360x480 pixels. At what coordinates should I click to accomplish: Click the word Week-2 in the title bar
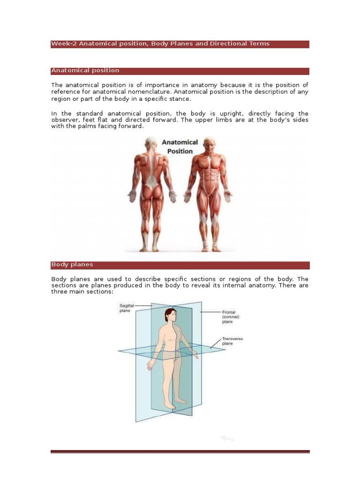pos(64,44)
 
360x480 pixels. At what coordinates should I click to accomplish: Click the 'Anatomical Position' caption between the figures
pos(180,146)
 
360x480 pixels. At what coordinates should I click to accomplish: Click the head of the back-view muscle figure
pos(151,143)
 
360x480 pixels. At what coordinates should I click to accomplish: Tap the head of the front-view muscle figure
pos(209,143)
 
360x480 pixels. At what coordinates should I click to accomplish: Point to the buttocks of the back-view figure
pos(150,192)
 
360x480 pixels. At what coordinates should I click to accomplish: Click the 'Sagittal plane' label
pos(127,308)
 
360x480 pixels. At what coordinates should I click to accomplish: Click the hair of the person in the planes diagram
pos(168,313)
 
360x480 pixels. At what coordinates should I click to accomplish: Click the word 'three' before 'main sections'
pos(59,292)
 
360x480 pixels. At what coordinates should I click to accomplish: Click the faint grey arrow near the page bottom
pos(227,439)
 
